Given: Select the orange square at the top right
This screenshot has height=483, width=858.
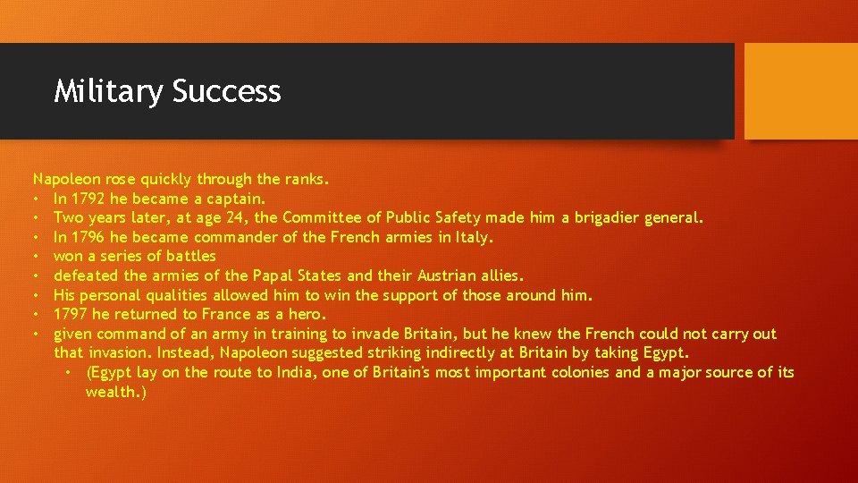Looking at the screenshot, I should pos(801,91).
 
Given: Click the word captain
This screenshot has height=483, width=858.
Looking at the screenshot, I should pos(235,199).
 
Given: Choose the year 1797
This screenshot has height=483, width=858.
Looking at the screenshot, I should pos(71,315).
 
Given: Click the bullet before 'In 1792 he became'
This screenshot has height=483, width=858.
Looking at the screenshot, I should pos(37,199).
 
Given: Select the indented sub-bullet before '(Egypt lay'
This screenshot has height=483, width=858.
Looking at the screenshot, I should pos(69,372).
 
